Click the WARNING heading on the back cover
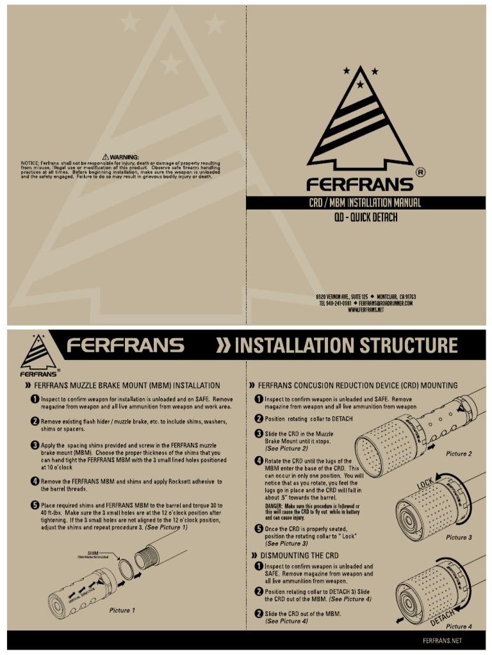coord(120,157)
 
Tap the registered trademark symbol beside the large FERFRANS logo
coord(420,172)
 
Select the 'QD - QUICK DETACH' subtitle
coord(365,217)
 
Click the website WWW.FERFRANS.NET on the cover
coord(366,310)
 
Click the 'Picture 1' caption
coord(122,610)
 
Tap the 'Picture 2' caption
coord(459,454)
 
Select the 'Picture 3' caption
coord(459,537)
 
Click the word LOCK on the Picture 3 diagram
coord(427,485)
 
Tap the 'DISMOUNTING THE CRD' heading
coord(299,555)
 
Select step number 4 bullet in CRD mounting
coord(259,461)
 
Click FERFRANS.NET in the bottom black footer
coord(442,640)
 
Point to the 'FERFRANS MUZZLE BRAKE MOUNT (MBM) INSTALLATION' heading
coord(126,386)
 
